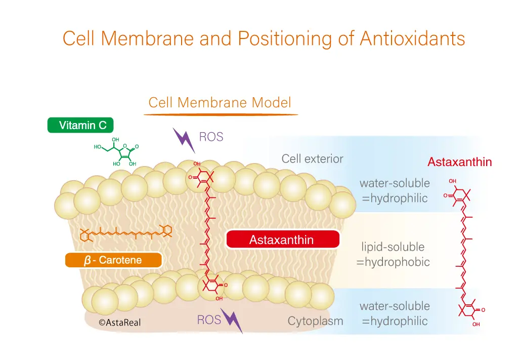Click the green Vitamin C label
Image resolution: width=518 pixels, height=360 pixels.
(80, 125)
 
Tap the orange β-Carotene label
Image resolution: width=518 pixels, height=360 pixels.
(113, 260)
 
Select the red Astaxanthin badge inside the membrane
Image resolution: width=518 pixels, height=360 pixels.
(283, 239)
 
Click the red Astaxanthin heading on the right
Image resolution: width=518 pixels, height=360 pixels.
(459, 162)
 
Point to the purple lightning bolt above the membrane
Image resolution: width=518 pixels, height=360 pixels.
(184, 140)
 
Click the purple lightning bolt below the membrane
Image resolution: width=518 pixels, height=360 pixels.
(232, 321)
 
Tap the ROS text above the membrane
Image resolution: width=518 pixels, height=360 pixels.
(211, 137)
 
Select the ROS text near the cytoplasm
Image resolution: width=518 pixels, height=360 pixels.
(209, 319)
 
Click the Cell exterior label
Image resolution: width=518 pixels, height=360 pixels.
(312, 158)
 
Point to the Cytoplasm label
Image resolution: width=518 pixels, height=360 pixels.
(315, 321)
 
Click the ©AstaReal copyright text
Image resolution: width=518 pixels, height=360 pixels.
(119, 323)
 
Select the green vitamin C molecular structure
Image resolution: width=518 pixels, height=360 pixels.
(116, 152)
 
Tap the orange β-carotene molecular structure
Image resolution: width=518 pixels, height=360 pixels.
(126, 233)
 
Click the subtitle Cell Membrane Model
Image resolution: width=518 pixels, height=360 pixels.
(220, 102)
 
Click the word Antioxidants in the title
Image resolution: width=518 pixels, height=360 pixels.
(412, 38)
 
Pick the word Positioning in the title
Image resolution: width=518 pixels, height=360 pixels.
(284, 39)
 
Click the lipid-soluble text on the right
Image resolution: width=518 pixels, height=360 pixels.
(393, 247)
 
